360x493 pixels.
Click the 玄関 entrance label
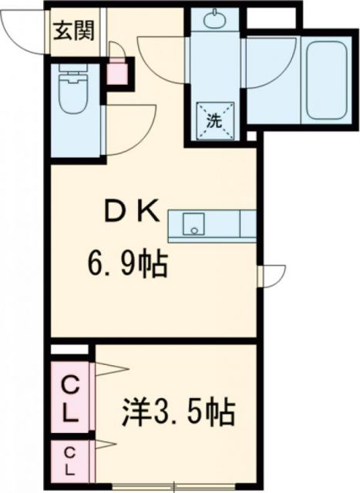pos(73,32)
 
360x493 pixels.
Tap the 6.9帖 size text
pos(126,267)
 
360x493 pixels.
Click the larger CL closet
pos(70,398)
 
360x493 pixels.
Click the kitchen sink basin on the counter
pos(193,226)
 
